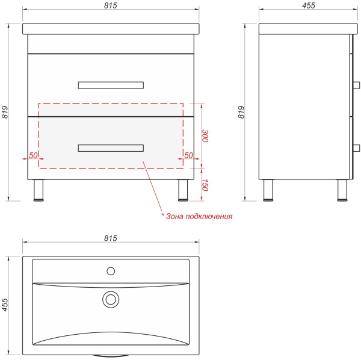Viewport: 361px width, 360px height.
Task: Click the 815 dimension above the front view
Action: (111, 5)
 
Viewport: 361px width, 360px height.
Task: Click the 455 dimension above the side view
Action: (309, 5)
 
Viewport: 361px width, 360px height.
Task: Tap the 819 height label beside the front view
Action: (5, 112)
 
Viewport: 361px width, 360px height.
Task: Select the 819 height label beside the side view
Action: (241, 112)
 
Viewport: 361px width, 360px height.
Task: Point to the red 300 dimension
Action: (205, 136)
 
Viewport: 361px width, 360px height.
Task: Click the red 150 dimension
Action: (205, 185)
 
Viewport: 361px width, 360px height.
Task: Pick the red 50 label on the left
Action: (33, 155)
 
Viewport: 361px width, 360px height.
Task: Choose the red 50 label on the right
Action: (188, 155)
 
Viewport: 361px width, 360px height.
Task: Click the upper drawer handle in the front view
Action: (111, 85)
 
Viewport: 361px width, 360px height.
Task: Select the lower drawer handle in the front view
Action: (111, 148)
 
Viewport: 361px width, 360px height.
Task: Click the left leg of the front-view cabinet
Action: (39, 190)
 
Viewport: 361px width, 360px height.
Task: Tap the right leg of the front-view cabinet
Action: (183, 190)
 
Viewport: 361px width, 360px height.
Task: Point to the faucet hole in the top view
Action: (111, 271)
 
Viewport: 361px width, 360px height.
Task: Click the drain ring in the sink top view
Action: (111, 299)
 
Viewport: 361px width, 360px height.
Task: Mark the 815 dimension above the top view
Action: (111, 238)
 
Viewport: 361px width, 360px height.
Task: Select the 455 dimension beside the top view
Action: (5, 305)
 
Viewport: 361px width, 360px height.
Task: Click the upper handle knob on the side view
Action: (356, 85)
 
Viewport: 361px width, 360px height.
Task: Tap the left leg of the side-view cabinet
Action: (268, 190)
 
